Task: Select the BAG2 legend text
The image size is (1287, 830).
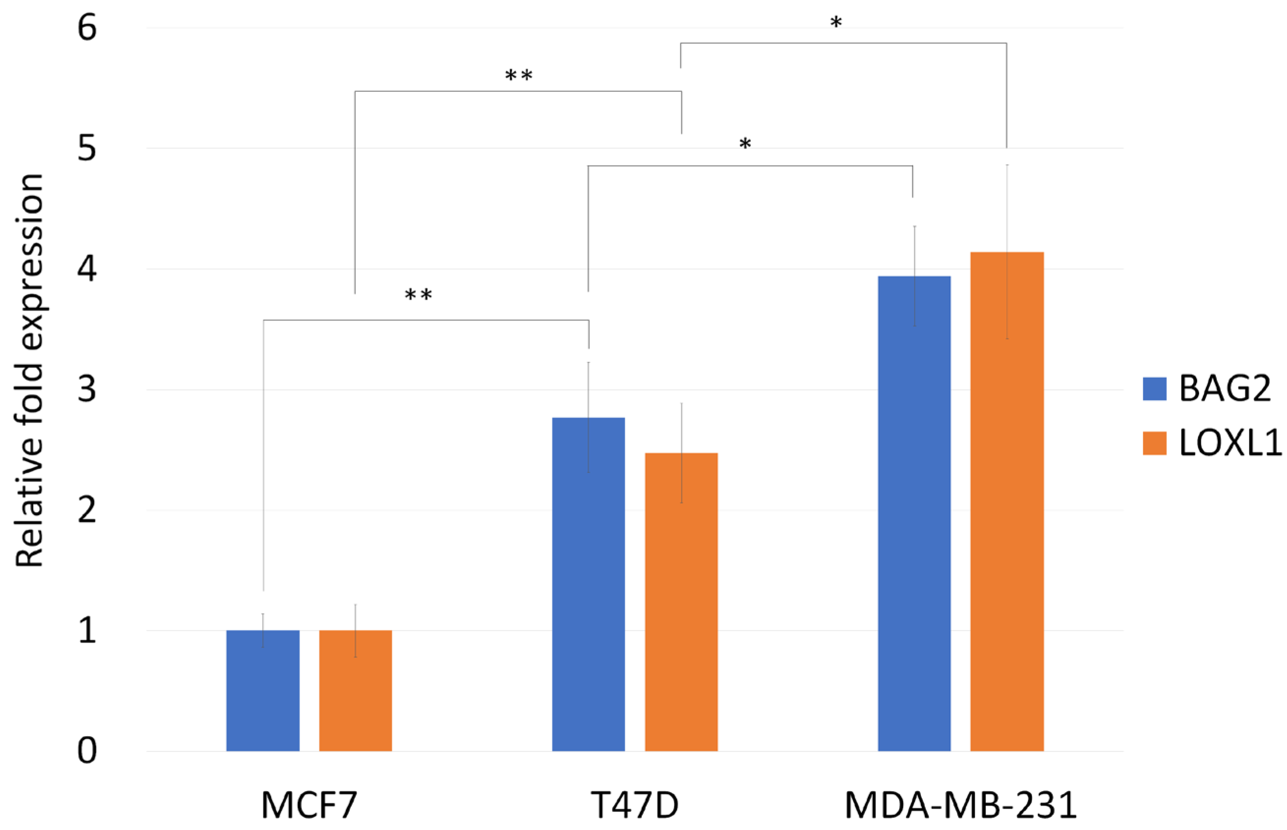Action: click(x=1225, y=388)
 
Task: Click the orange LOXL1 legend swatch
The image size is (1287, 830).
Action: click(x=1154, y=443)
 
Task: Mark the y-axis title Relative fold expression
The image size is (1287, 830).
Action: click(x=29, y=371)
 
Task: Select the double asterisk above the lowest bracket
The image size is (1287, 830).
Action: click(x=418, y=295)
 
